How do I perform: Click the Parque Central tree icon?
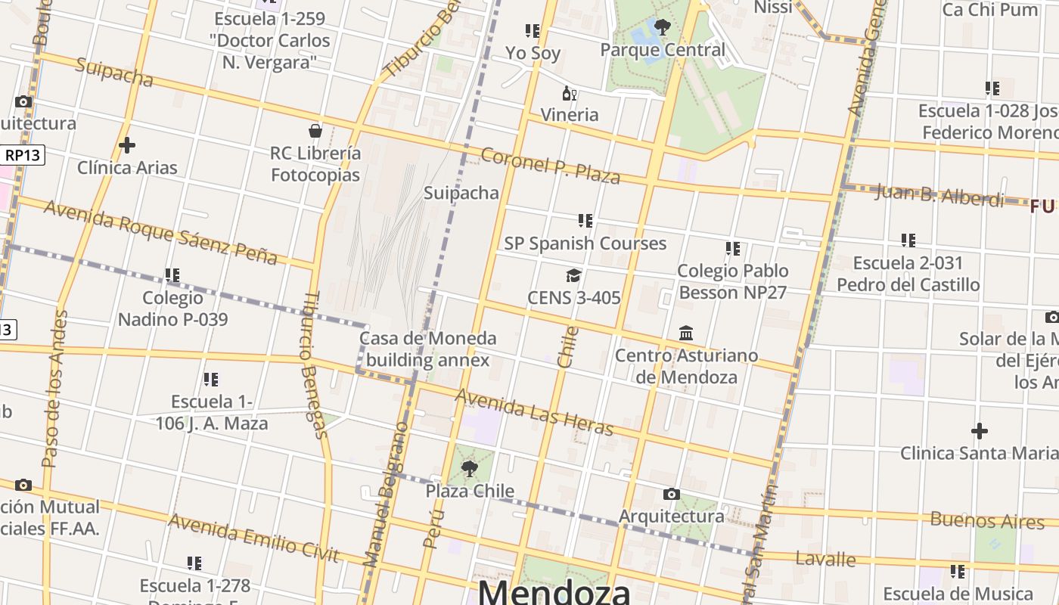pyautogui.click(x=663, y=28)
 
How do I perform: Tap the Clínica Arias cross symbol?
pyautogui.click(x=127, y=145)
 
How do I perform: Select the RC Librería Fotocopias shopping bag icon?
pyautogui.click(x=315, y=131)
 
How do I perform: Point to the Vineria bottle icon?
pyautogui.click(x=569, y=94)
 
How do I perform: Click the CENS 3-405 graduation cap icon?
pyautogui.click(x=573, y=275)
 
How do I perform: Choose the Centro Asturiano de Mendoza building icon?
pyautogui.click(x=686, y=333)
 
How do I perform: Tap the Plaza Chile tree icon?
pyautogui.click(x=469, y=469)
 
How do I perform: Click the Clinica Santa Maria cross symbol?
pyautogui.click(x=980, y=431)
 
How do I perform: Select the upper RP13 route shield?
pyautogui.click(x=23, y=155)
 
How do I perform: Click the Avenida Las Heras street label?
pyautogui.click(x=534, y=413)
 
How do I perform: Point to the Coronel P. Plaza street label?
pyautogui.click(x=551, y=166)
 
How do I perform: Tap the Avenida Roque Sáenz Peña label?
pyautogui.click(x=160, y=231)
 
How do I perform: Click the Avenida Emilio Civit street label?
pyautogui.click(x=253, y=538)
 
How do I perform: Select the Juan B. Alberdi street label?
pyautogui.click(x=939, y=195)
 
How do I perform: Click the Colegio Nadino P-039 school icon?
pyautogui.click(x=172, y=275)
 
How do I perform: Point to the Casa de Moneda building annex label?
pyautogui.click(x=428, y=349)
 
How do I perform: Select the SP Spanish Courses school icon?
pyautogui.click(x=585, y=221)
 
